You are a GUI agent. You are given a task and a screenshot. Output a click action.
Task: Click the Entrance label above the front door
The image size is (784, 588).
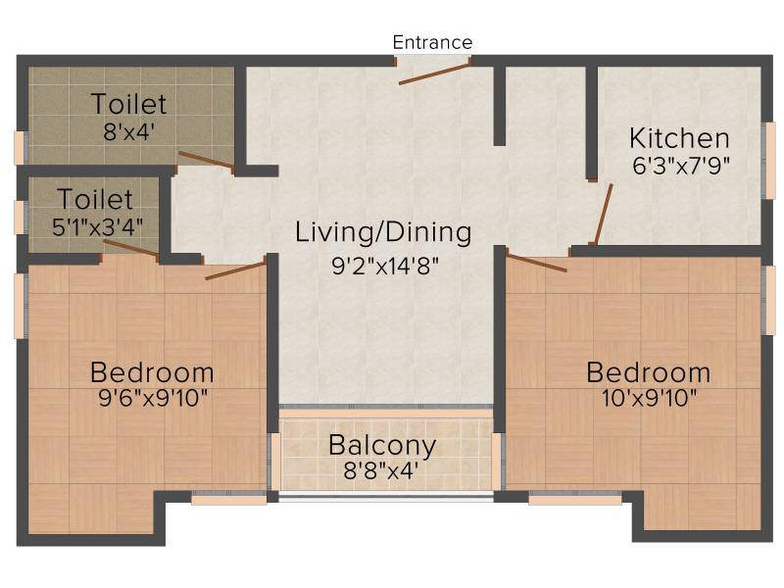click(432, 42)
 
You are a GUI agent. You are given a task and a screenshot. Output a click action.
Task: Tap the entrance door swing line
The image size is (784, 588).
click(434, 73)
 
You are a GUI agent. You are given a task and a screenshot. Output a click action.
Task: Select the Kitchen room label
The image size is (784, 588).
click(679, 138)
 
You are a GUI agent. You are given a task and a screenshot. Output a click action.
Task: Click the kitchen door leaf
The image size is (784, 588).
click(604, 214)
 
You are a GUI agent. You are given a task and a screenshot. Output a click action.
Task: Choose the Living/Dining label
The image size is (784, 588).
click(383, 233)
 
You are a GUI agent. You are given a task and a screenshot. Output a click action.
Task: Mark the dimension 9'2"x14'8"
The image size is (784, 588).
click(385, 266)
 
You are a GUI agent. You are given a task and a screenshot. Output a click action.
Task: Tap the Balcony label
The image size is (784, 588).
click(382, 446)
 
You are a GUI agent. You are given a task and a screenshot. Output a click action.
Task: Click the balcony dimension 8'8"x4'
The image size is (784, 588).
click(381, 470)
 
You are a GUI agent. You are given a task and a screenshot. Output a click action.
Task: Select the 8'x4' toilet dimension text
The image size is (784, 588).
click(129, 132)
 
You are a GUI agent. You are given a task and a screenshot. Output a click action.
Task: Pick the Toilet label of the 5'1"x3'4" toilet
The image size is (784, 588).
click(95, 200)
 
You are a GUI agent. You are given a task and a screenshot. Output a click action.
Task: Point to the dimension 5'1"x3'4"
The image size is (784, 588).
click(97, 226)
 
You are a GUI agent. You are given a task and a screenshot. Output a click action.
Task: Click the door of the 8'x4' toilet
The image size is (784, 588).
click(207, 161)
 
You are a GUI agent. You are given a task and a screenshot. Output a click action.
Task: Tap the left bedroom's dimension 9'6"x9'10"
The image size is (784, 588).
click(153, 399)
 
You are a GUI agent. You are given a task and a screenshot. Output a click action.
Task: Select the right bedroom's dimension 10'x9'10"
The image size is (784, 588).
click(649, 399)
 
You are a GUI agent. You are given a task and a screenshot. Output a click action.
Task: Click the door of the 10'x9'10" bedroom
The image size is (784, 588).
click(536, 263)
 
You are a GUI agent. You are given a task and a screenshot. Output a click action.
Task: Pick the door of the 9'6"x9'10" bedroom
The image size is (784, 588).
click(235, 270)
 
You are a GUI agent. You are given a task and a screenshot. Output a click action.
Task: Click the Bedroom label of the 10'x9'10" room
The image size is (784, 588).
click(649, 372)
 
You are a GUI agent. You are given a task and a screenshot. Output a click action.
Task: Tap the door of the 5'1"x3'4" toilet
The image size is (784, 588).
click(131, 249)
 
